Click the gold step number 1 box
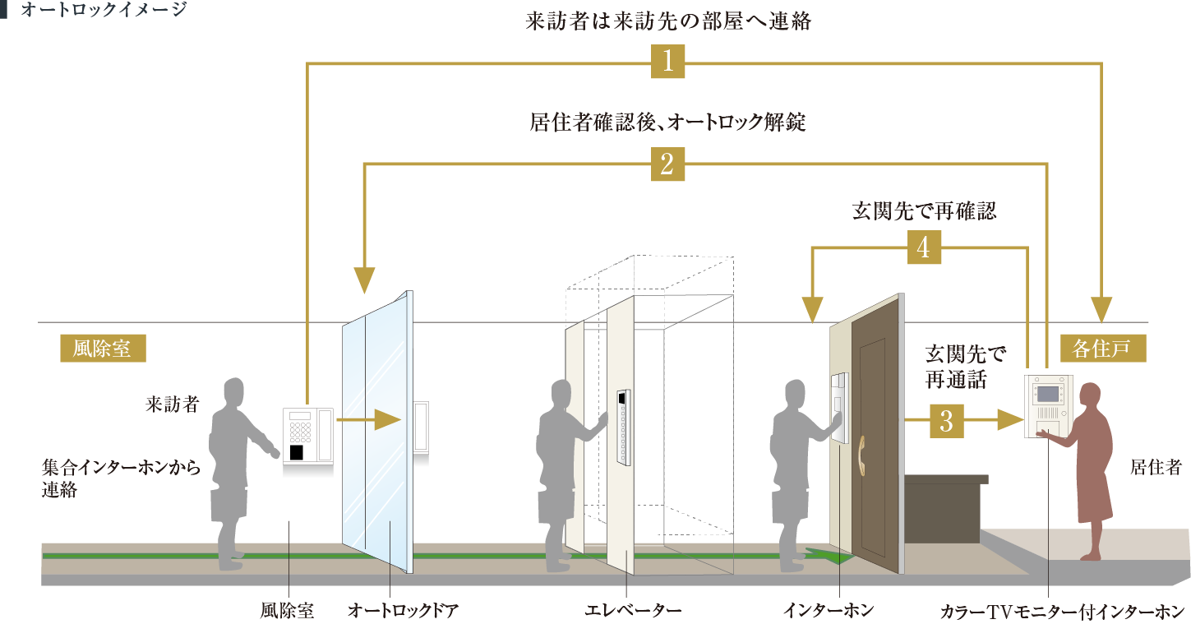(667, 62)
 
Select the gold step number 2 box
(667, 164)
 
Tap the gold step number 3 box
(946, 421)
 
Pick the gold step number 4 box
(924, 247)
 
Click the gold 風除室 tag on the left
(103, 349)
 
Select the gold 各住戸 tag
(1103, 349)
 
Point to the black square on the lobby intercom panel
(296, 452)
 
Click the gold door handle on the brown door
(862, 455)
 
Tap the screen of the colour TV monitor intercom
(1047, 394)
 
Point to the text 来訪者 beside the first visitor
(172, 404)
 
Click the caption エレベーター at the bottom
(633, 610)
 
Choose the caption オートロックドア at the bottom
(403, 610)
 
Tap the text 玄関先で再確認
(924, 211)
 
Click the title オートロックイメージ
(104, 9)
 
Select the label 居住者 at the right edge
(1156, 467)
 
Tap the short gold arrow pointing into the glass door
(368, 420)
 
